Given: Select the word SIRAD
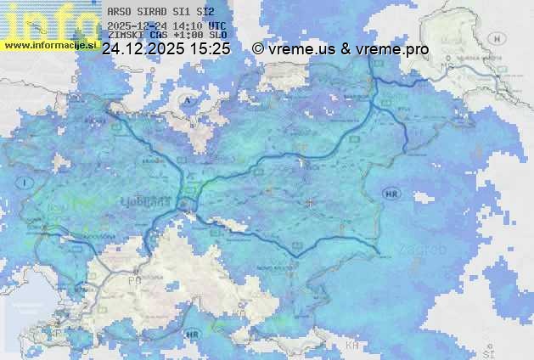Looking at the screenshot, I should (x=151, y=13).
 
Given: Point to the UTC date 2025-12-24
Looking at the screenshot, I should (x=137, y=25).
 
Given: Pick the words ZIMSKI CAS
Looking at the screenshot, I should (x=132, y=36).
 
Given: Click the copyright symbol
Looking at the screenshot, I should (x=258, y=49).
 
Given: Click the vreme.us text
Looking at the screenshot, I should (x=301, y=49).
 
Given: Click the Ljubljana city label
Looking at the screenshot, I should (x=152, y=204).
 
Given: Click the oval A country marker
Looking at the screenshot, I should (x=187, y=99).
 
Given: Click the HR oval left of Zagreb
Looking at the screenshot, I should (x=391, y=194).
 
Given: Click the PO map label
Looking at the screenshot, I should (x=134, y=279).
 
